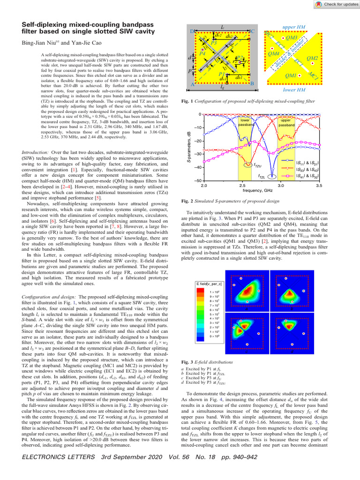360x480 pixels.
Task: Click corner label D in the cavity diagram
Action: point(192,31)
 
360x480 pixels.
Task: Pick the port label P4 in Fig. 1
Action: point(202,54)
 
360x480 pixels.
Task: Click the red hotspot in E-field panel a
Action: point(246,291)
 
